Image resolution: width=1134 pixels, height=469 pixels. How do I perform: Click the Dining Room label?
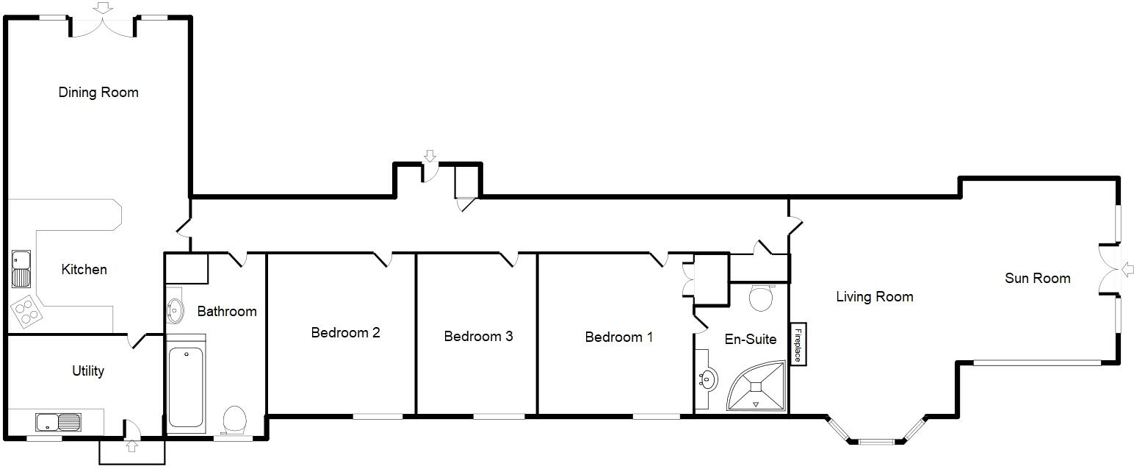[98, 93]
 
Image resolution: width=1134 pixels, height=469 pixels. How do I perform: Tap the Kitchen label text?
[84, 270]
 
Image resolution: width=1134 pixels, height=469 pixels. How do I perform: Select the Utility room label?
[87, 371]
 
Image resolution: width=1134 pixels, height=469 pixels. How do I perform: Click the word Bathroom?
[227, 312]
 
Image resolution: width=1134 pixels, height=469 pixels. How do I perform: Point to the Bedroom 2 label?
[345, 333]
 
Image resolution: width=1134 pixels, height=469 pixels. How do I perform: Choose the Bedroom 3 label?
[478, 337]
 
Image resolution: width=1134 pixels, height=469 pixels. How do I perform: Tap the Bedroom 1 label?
[618, 337]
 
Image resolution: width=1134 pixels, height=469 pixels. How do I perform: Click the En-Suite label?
[750, 340]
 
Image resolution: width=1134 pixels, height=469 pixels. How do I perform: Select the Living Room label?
[874, 297]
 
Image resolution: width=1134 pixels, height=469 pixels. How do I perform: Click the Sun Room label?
[1037, 279]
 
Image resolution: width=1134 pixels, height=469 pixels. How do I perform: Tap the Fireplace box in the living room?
[798, 344]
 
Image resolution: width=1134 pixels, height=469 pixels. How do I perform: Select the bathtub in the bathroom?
[187, 387]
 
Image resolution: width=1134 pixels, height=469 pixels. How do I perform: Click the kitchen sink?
[21, 269]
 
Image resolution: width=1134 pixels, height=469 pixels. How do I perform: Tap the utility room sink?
[58, 423]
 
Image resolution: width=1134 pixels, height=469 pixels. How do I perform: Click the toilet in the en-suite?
[761, 298]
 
